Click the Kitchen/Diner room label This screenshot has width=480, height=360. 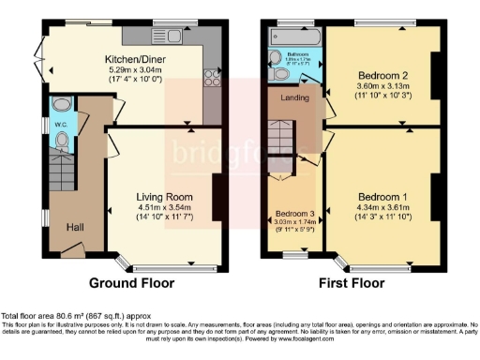pos(132,57)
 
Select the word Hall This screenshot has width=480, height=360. pos(76,226)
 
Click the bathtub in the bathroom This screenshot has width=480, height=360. pos(293,36)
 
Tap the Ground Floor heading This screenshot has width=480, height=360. pos(128,282)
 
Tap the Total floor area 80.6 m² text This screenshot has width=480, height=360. pos(74,317)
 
